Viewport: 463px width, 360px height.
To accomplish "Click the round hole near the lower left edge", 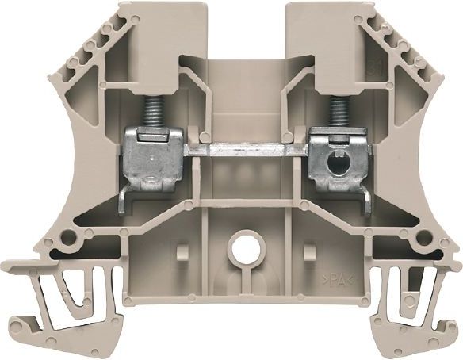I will coord(73,238).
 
